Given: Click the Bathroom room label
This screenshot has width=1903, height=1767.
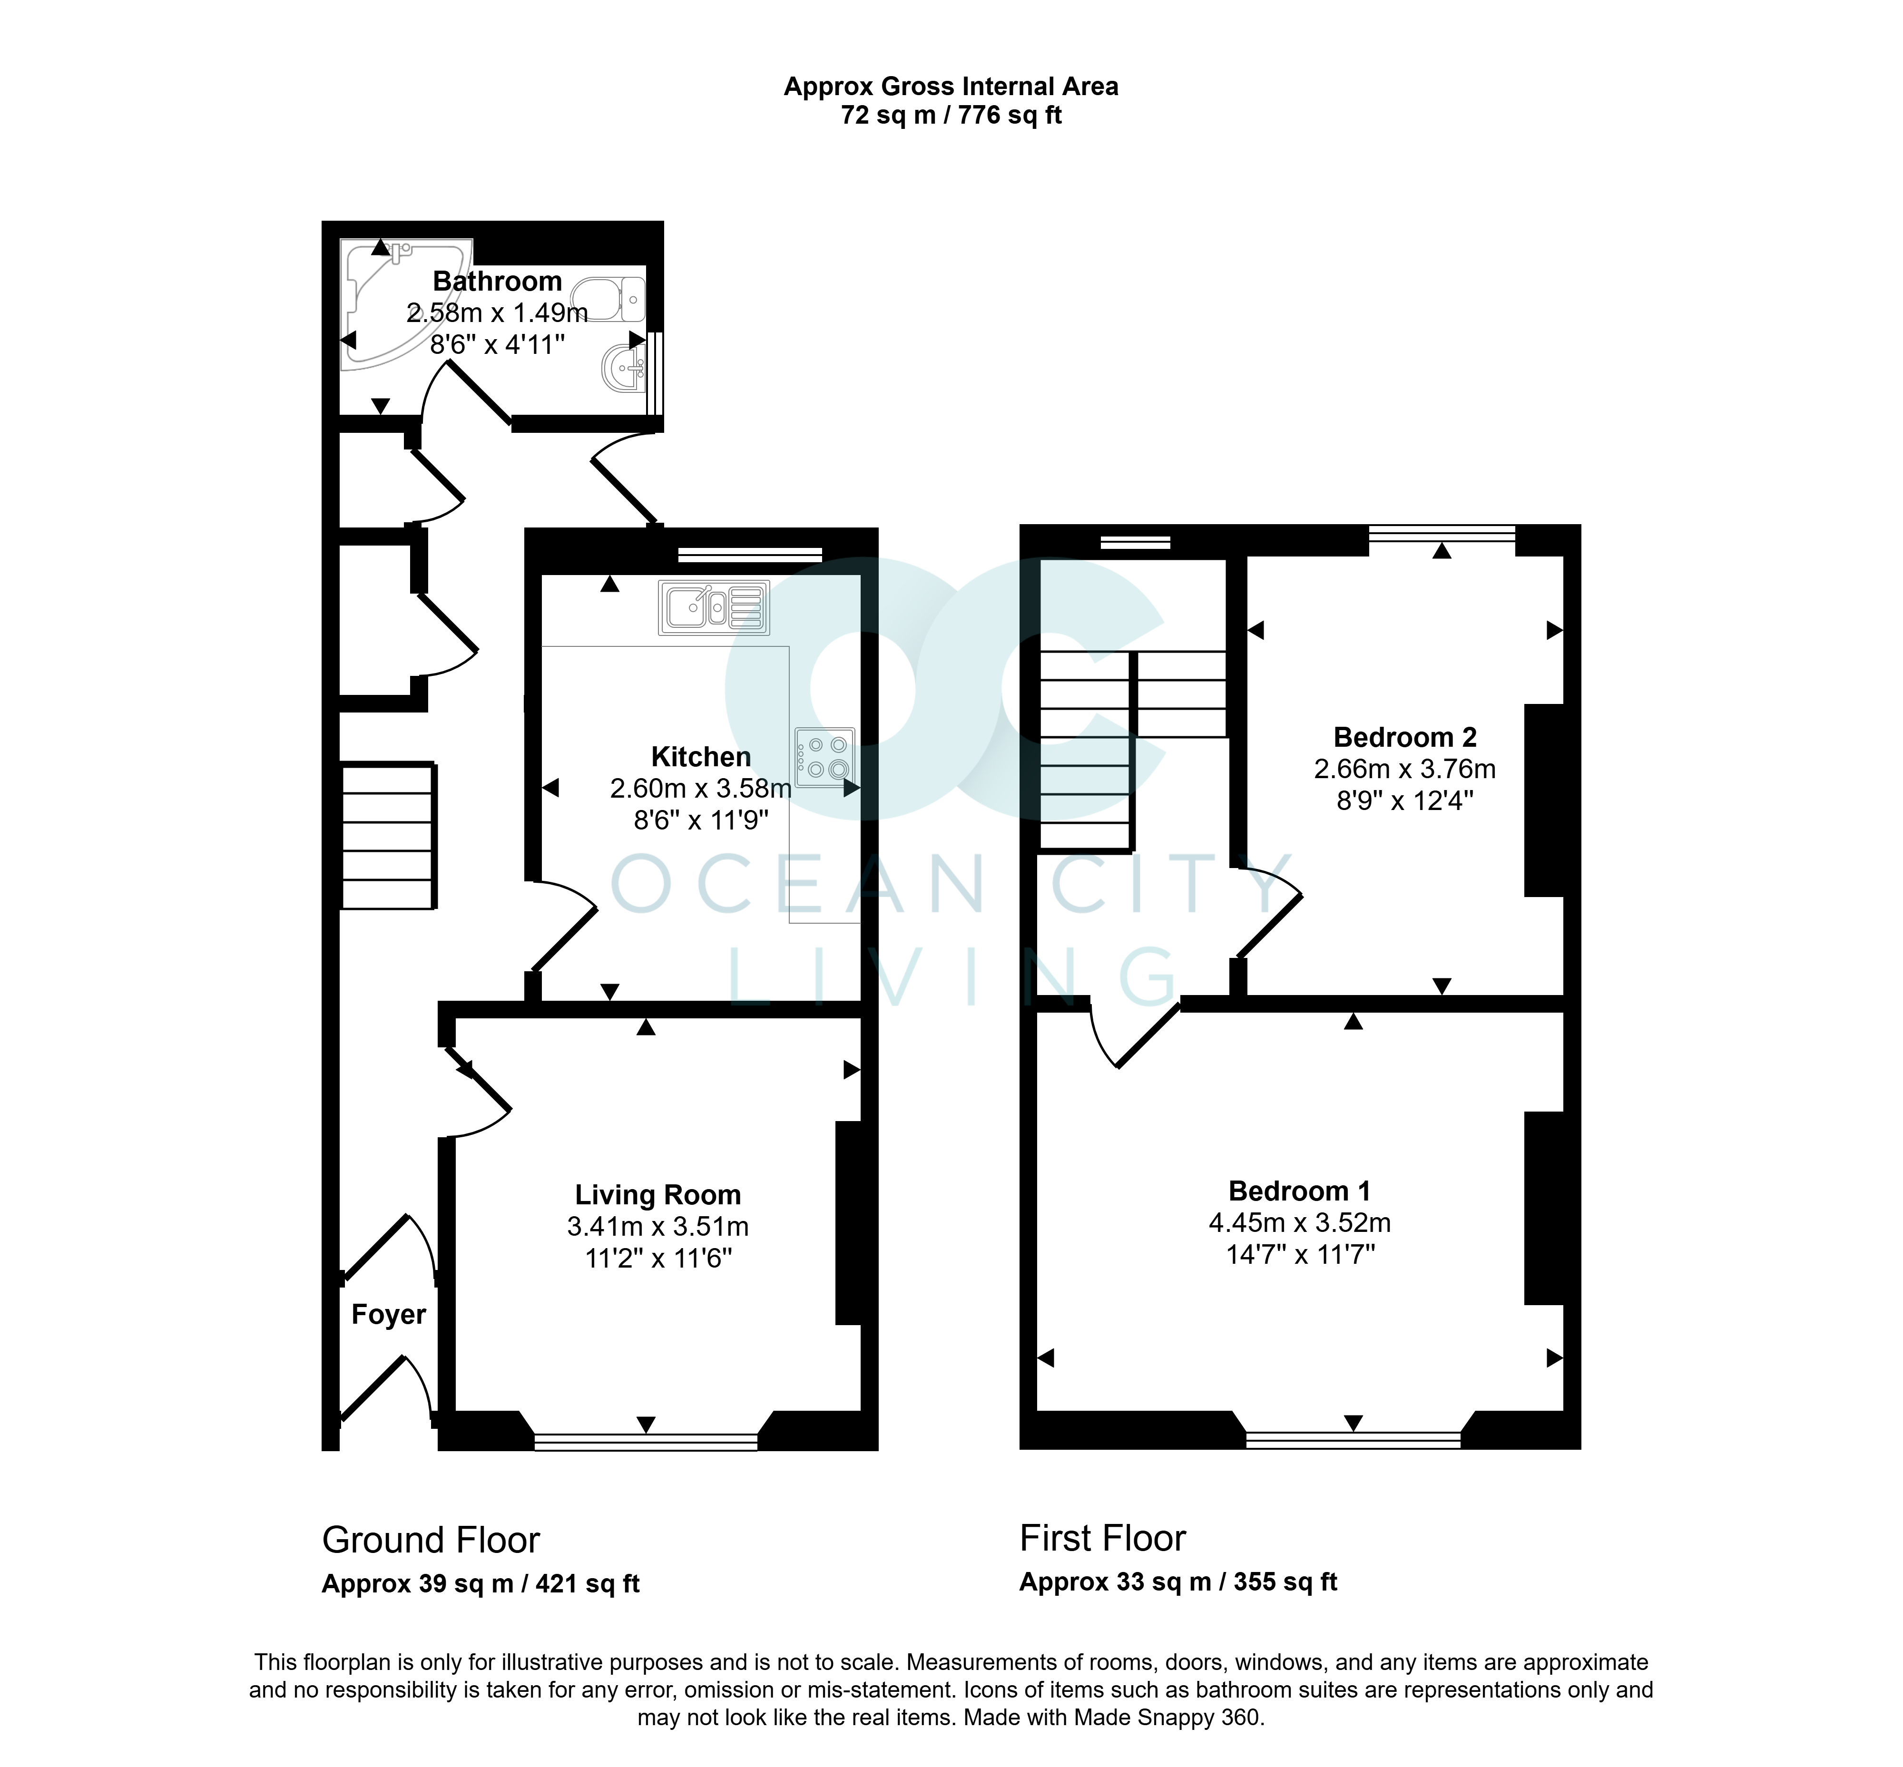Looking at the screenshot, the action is [x=497, y=281].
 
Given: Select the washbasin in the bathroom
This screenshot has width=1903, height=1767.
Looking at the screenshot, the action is [x=624, y=368].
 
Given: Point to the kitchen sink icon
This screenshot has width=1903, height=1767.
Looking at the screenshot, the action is [x=713, y=608].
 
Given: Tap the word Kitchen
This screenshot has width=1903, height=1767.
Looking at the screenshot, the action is [x=701, y=757].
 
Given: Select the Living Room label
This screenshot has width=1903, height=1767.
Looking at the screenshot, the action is [x=658, y=1195].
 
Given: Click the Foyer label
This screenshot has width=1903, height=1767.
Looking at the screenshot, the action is [x=388, y=1315].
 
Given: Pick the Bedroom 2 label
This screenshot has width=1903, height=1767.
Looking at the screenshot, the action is [x=1405, y=737].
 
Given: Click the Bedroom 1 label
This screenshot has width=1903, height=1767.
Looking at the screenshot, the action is [x=1300, y=1191].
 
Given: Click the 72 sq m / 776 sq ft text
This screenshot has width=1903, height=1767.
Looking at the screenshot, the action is [x=951, y=116].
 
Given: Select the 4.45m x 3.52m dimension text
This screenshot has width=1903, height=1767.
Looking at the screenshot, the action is [x=1300, y=1222].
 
